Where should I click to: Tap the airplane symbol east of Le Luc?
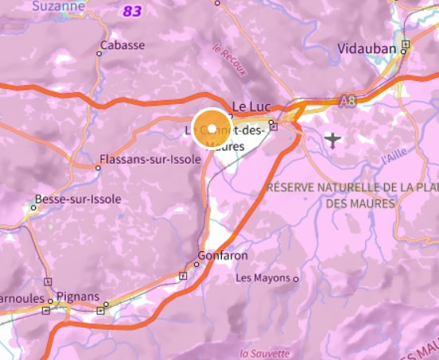click(332, 141)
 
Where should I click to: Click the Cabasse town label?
click(123, 45)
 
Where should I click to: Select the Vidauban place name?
click(367, 48)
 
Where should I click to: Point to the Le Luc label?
click(247, 106)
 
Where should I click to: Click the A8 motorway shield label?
click(347, 101)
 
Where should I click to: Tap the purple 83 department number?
click(132, 11)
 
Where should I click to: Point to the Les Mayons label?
click(264, 279)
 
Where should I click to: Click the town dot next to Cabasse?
click(99, 53)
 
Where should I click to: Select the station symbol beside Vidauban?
click(406, 45)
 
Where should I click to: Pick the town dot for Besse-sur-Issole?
click(33, 207)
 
